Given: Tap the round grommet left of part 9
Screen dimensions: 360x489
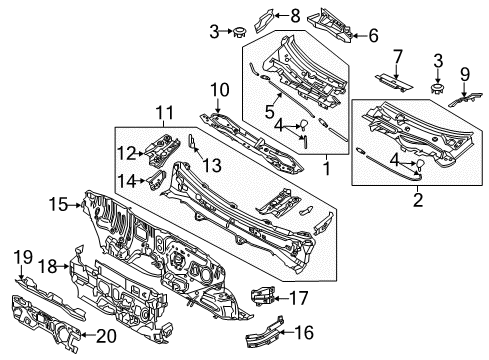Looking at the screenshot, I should [435, 91].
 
